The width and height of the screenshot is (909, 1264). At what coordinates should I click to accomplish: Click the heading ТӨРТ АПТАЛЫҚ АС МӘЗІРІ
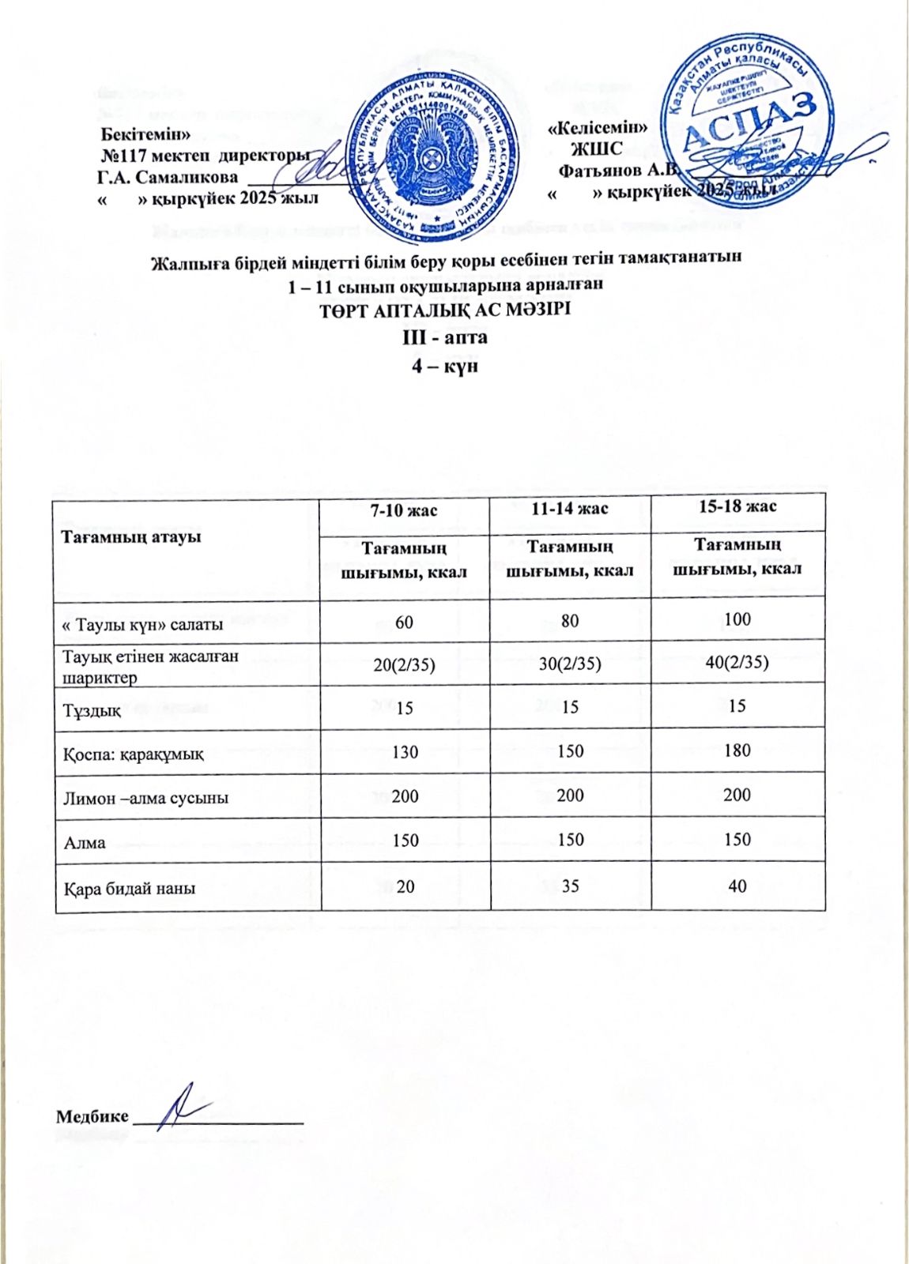click(444, 310)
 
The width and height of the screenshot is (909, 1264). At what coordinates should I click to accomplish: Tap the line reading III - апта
click(445, 337)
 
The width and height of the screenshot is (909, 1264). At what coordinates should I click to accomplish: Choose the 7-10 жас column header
click(405, 510)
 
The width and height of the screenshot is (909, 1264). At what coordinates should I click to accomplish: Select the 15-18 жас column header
click(736, 506)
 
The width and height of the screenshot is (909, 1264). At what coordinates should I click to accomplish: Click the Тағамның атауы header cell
click(131, 536)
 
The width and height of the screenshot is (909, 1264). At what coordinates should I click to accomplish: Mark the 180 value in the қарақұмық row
click(737, 750)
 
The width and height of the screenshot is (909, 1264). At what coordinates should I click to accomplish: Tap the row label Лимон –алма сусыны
click(146, 798)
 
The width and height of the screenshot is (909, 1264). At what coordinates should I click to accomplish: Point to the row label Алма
click(85, 843)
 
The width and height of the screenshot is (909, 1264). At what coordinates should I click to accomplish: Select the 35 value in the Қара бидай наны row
click(570, 886)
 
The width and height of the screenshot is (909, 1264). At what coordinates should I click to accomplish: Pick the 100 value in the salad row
click(737, 619)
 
